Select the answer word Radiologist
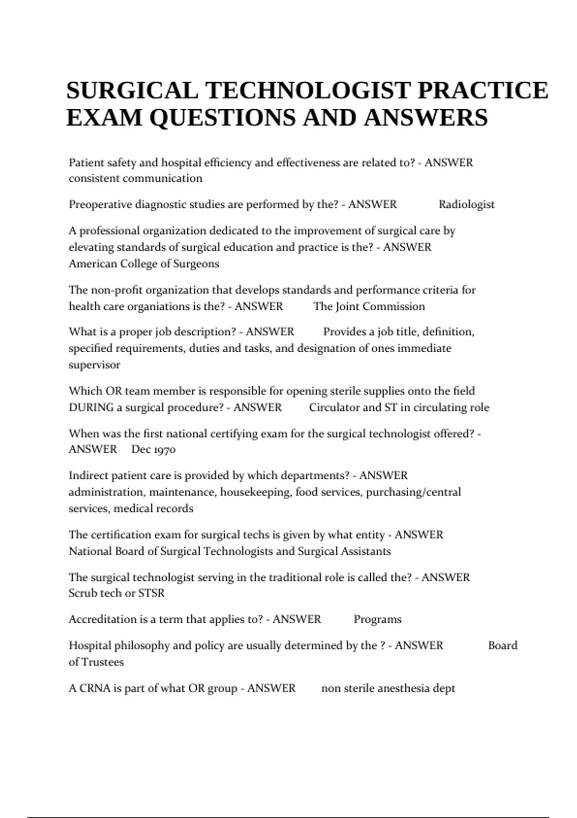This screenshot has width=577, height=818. pos(466,204)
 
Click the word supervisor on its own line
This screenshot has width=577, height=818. pos(94,365)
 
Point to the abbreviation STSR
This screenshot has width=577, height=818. pos(151,593)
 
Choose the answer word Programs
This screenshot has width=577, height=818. pos(377,619)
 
